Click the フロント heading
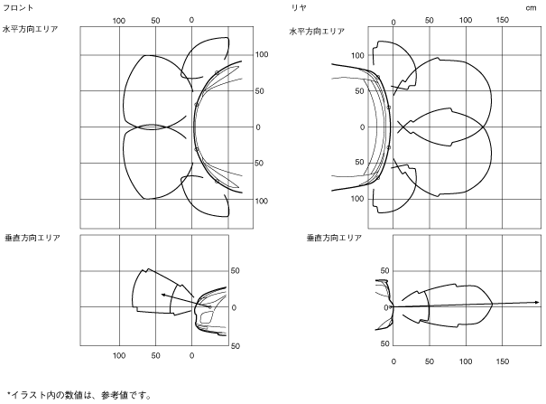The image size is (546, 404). tap(19, 6)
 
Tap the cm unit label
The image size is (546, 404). tap(532, 6)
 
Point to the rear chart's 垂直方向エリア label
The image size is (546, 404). tap(333, 238)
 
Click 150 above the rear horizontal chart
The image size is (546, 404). tap(503, 19)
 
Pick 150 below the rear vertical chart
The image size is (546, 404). tap(503, 361)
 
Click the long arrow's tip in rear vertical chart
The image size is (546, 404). tap(539, 302)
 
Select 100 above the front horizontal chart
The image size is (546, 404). tap(118, 19)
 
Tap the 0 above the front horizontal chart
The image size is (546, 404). tap(191, 19)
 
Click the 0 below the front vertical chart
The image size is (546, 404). tap(192, 355)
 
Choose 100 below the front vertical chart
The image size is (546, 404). tap(118, 355)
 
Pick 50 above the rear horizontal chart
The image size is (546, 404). tap(429, 19)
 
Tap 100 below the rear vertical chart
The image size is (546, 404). tap(466, 361)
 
